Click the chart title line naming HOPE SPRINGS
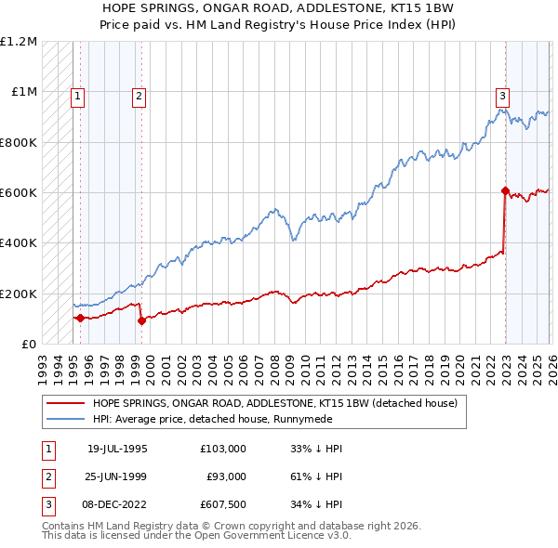point(278,7)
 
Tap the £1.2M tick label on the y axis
point(19,42)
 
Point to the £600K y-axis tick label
point(19,193)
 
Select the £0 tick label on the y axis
point(30,345)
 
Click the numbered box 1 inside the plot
point(77,95)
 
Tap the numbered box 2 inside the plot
point(139,95)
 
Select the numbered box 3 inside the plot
point(502,95)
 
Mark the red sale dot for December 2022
point(505,191)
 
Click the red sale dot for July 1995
point(80,319)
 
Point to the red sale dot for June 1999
point(141,321)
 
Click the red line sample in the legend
point(66,404)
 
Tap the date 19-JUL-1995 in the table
point(117,449)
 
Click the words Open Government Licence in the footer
point(278,536)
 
